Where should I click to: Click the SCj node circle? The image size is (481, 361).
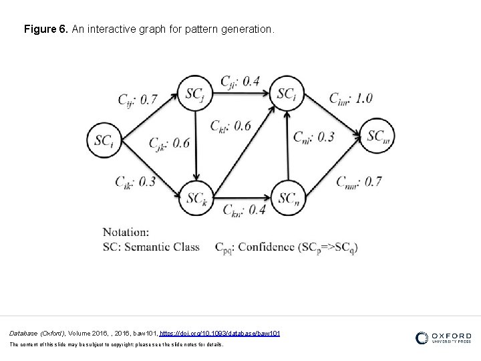tap(196, 92)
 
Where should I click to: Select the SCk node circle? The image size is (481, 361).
tap(196, 198)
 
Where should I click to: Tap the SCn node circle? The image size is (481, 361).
tap(288, 198)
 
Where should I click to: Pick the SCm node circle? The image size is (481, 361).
tap(379, 136)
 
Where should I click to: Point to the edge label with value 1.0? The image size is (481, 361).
tap(350, 98)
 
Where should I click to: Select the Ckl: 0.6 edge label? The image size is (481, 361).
tap(230, 125)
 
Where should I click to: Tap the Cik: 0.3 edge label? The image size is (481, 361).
tap(136, 181)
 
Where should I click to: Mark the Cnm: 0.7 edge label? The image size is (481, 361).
tap(359, 181)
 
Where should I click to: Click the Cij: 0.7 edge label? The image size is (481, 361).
tap(138, 100)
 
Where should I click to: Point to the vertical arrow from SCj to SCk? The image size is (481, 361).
tap(196, 144)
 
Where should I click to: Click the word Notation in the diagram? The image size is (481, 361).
tap(126, 232)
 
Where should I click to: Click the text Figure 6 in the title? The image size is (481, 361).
tap(43, 30)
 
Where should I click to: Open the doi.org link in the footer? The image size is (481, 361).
tap(220, 333)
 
